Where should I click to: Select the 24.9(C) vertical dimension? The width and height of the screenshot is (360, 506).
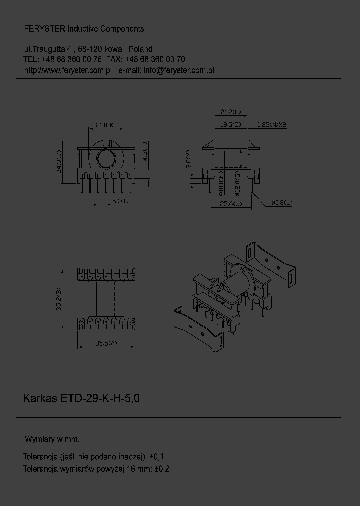tap(59, 162)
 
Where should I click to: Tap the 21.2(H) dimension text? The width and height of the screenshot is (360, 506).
tap(230, 111)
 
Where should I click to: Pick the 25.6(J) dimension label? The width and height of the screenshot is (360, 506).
tap(230, 203)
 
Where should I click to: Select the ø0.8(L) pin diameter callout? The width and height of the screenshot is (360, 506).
tap(282, 203)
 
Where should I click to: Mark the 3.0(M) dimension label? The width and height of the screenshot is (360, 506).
tap(188, 159)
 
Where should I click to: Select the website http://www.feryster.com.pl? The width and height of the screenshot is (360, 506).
tap(67, 70)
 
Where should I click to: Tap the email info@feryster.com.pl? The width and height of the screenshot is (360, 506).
tap(179, 70)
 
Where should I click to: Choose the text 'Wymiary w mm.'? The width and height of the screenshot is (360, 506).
tap(52, 439)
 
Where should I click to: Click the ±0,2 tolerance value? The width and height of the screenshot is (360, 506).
tap(163, 469)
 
